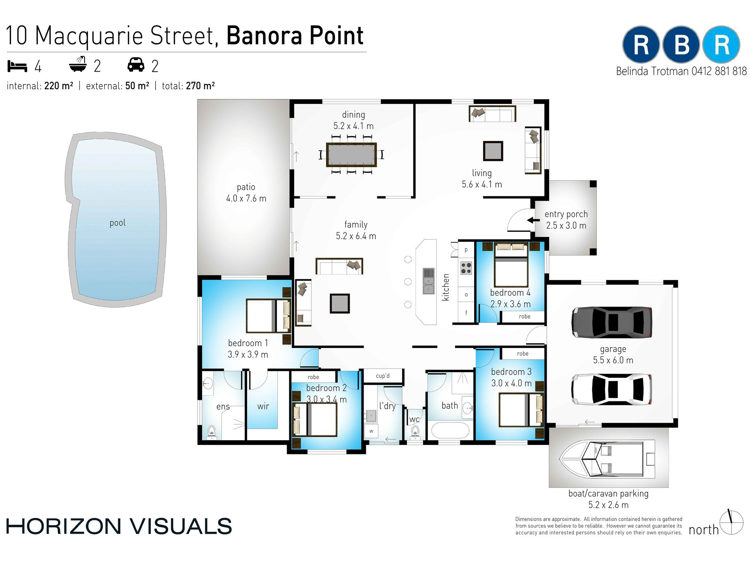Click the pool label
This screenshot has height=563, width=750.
[x=118, y=223]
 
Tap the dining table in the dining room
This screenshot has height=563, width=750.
[x=351, y=154]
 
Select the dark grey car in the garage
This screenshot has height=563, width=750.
[x=611, y=322]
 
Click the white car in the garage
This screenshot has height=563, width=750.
[x=611, y=390]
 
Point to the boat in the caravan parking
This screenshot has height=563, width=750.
[x=607, y=459]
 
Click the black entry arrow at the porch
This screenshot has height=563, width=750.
[x=533, y=220]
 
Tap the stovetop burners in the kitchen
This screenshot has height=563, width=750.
[x=466, y=268]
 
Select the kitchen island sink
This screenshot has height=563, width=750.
[x=429, y=281]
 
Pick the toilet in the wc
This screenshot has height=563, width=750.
[x=415, y=433]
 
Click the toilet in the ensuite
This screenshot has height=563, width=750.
[x=212, y=432]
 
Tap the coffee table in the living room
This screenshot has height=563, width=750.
[x=493, y=151]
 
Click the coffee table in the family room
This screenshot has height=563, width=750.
[x=340, y=303]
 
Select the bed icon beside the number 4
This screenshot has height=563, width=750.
[x=17, y=66]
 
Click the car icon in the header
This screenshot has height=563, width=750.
[x=136, y=65]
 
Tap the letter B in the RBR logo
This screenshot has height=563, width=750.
[x=681, y=45]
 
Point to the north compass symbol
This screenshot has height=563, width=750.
[x=731, y=522]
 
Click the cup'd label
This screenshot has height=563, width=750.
[x=382, y=376]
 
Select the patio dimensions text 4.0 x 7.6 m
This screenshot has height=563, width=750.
[x=246, y=198]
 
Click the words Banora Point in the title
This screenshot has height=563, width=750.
[x=295, y=36]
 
